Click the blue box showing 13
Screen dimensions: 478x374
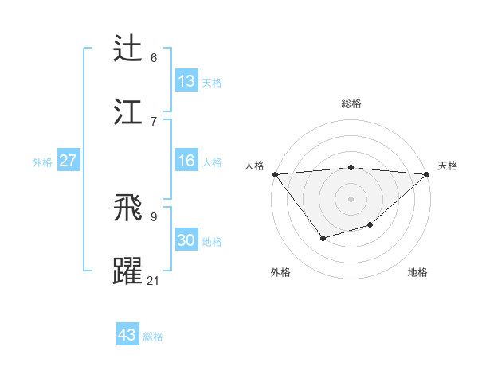point(186,81)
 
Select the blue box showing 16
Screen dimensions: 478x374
point(186,161)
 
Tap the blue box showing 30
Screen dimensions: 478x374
point(186,240)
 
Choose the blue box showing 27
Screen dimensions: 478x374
point(68,161)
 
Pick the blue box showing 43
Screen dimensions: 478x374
point(127,335)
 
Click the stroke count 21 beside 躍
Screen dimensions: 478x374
point(154,280)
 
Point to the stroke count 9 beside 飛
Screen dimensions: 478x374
point(154,216)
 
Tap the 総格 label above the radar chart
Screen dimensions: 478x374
point(351,103)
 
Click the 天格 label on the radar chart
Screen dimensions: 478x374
point(448,166)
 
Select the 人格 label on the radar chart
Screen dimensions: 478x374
point(254,166)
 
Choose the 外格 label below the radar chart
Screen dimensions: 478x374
point(280,272)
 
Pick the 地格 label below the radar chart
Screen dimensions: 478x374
point(417,272)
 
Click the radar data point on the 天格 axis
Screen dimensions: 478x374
point(427,174)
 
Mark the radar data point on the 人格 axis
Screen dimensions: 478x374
point(275,174)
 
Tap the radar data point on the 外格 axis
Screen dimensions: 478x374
point(323,238)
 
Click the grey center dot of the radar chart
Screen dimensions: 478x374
point(351,198)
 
